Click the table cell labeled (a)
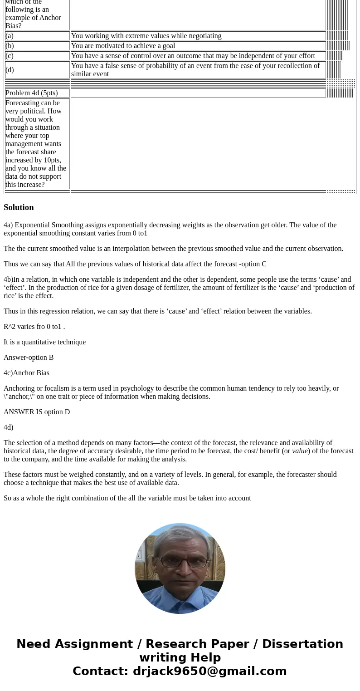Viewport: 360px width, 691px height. tap(37, 36)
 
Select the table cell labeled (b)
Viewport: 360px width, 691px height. tap(37, 46)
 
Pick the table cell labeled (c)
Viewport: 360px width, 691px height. tap(37, 56)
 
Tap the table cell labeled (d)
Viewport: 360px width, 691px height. tap(37, 70)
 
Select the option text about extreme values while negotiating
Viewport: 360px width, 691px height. tap(146, 36)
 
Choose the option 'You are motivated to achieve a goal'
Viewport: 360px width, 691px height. tap(123, 46)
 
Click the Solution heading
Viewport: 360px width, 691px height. tap(19, 207)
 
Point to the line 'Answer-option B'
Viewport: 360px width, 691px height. tap(29, 358)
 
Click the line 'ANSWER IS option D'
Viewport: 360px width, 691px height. tap(37, 412)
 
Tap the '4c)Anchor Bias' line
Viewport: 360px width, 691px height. tap(26, 373)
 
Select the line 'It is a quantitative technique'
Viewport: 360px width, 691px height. tap(44, 342)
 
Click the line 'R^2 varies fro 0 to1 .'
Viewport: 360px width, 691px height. tap(34, 327)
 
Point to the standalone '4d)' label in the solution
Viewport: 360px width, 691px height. tap(8, 427)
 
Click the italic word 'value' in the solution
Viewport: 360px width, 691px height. tap(300, 451)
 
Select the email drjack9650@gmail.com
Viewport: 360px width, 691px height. tap(209, 671)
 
